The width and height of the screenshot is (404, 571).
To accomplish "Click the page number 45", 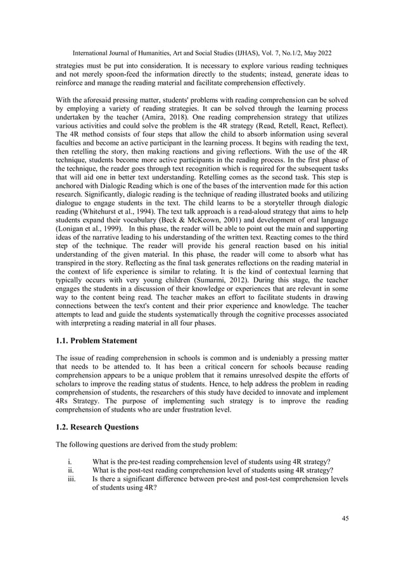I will point(344,519).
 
